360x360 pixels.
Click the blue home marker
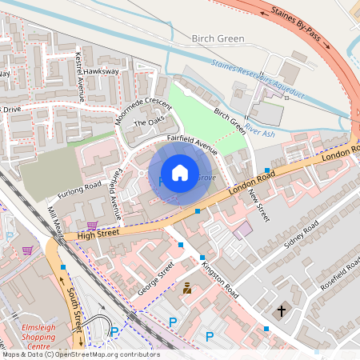[180, 173]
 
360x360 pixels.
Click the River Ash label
[259, 133]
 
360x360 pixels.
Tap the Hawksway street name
[102, 71]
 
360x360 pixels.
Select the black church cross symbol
[281, 310]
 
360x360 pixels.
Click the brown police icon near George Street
[187, 287]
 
